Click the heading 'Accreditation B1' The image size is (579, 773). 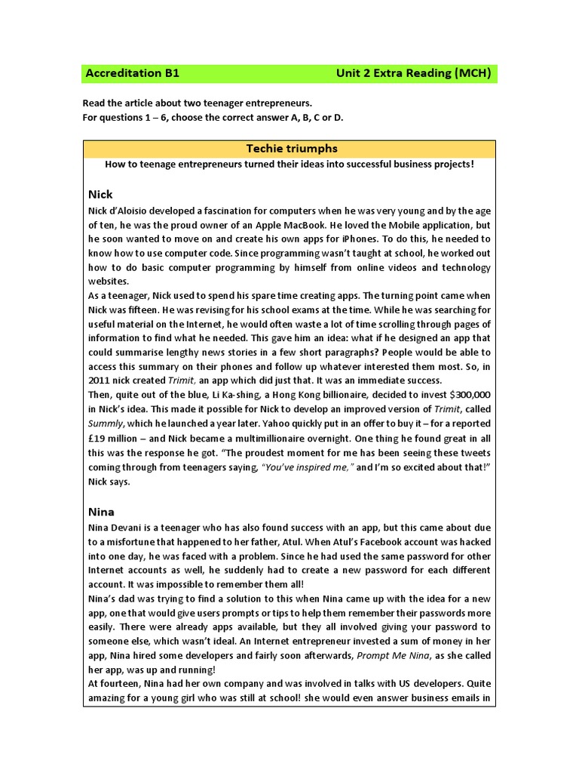tap(132, 74)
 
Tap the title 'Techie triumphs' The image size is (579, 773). tap(289, 149)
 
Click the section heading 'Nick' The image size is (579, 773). tap(100, 194)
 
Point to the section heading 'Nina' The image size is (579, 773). tap(101, 511)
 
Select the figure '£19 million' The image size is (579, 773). tap(118, 437)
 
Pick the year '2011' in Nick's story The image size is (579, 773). tap(100, 380)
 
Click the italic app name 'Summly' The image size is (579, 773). tap(105, 423)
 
